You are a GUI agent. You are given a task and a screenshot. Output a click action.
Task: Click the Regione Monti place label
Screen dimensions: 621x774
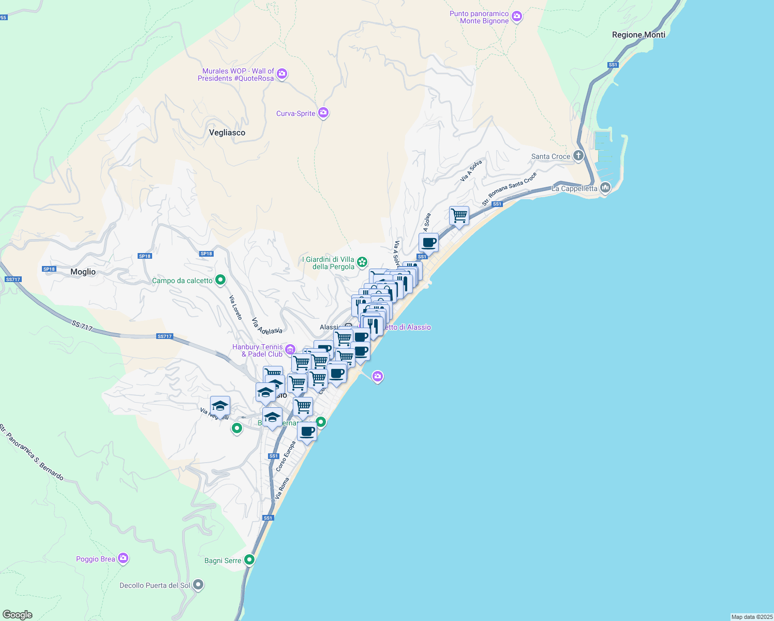click(x=638, y=35)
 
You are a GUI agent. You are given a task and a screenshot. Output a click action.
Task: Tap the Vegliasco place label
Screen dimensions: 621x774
click(x=227, y=132)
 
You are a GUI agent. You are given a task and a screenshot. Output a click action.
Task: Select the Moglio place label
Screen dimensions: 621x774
click(x=83, y=272)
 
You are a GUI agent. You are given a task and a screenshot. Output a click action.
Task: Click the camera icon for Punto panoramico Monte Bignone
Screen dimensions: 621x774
click(x=516, y=17)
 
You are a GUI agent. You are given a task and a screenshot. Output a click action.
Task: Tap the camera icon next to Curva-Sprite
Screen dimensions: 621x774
click(x=323, y=113)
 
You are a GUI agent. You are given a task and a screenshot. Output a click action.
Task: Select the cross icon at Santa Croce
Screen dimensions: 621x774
click(x=578, y=156)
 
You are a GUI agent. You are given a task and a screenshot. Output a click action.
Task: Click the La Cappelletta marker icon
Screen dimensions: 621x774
click(x=605, y=188)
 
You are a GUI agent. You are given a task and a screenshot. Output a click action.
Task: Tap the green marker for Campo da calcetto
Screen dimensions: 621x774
click(x=220, y=280)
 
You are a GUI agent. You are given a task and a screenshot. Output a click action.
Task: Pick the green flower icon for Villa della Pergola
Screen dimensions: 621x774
click(x=363, y=262)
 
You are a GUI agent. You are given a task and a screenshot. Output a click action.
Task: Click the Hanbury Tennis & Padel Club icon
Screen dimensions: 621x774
click(x=290, y=350)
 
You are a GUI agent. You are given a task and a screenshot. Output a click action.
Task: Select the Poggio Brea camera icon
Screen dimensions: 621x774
click(x=123, y=558)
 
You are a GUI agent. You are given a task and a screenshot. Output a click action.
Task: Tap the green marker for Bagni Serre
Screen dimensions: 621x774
click(x=249, y=560)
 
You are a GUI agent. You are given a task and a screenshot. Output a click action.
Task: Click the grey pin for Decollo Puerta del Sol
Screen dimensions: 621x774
click(x=198, y=585)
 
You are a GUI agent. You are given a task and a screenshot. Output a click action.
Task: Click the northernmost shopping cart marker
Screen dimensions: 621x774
click(x=459, y=215)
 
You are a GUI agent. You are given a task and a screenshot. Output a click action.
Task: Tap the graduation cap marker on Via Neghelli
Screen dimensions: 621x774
click(x=220, y=406)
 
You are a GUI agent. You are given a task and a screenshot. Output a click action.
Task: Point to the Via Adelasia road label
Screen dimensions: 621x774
click(x=267, y=326)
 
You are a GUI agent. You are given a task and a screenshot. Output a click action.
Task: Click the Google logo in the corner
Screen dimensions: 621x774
click(x=18, y=615)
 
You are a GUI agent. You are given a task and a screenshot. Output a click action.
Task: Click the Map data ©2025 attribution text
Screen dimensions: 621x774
click(x=752, y=617)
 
